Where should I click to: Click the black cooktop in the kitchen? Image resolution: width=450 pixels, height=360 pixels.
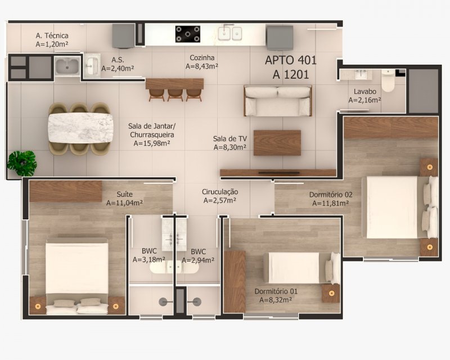tap(188, 34)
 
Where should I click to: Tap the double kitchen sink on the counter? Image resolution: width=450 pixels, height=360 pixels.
tap(229, 33)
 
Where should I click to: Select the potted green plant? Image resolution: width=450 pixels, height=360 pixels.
tap(22, 163)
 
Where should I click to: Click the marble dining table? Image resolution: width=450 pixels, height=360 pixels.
tap(80, 128)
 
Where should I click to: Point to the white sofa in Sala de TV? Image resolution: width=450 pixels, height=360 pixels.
tap(278, 101)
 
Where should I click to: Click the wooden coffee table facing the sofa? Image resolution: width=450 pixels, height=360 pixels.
tap(277, 143)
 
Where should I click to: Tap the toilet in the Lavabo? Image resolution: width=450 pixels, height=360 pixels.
tap(388, 80)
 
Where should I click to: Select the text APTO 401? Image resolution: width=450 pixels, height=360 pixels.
tap(291, 60)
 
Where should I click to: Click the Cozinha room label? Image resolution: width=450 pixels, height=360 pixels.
tap(202, 58)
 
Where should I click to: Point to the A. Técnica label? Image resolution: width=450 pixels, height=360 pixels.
tap(52, 35)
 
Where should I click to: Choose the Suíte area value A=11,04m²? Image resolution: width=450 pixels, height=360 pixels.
tap(124, 203)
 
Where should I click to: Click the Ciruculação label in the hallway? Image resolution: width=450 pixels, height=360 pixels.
tap(220, 192)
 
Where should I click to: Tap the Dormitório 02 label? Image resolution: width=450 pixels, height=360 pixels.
tap(331, 195)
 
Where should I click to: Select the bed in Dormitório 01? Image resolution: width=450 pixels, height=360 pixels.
tap(301, 268)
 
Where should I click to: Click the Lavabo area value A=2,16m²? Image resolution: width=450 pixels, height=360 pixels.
tap(364, 100)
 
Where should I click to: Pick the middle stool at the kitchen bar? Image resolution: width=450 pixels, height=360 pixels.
tap(175, 95)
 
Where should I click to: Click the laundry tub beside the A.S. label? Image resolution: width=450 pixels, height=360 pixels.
tap(67, 66)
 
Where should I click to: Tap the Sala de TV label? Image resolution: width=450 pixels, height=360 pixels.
tap(230, 139)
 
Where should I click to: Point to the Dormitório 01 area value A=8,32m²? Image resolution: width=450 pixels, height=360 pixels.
tap(276, 300)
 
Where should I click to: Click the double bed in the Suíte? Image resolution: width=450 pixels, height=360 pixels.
tap(77, 276)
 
